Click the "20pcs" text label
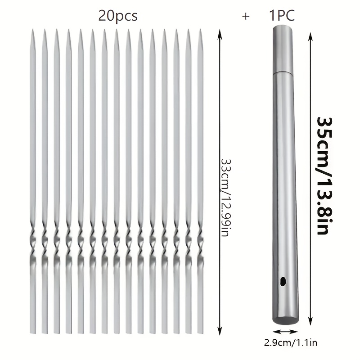tap(118, 16)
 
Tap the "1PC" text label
tap(282, 16)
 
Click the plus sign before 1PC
tap(246, 17)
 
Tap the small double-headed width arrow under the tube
tap(282, 332)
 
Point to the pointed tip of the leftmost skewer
tap(33, 32)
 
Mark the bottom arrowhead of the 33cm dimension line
tap(220, 331)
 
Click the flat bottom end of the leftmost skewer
tap(33, 331)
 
